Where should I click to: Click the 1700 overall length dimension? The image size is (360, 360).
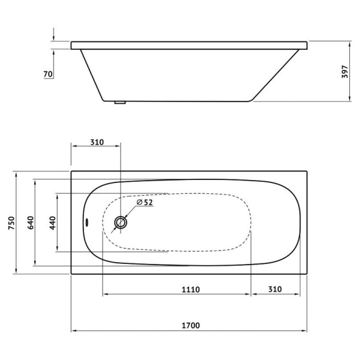[x=191, y=325]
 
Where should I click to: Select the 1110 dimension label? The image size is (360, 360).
[x=191, y=289]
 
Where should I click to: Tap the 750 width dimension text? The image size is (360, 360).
[x=11, y=223]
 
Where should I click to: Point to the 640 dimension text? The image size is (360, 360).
[x=31, y=223]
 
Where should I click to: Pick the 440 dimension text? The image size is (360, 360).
[x=53, y=223]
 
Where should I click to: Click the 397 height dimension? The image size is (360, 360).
[x=345, y=72]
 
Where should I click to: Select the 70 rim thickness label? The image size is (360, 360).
[x=48, y=74]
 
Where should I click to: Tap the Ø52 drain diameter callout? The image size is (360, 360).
[x=145, y=202]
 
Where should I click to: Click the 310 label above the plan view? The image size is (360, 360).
[x=97, y=142]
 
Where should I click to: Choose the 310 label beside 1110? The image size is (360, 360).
[x=275, y=289]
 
